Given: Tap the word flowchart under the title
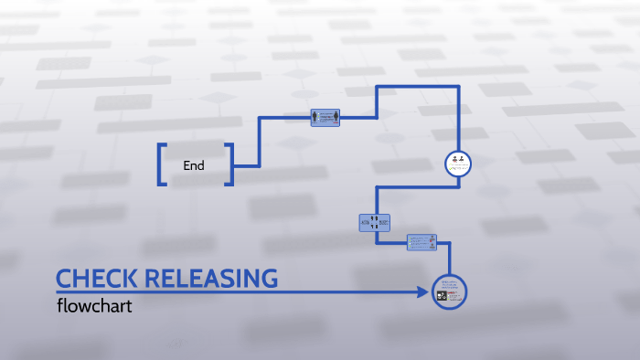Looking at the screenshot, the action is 94,306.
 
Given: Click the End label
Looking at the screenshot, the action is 194,166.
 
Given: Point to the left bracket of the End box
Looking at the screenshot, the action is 163,165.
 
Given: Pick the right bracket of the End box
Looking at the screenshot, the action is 229,165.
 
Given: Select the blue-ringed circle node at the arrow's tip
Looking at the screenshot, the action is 449,292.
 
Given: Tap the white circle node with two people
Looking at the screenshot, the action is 457,164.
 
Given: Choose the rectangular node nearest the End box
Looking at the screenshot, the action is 325,118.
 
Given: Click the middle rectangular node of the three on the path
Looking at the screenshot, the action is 375,222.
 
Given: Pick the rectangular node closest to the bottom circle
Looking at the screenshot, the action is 421,242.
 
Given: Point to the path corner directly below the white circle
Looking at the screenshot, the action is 457,187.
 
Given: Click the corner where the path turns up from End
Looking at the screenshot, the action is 261,165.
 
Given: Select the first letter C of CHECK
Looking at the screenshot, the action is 64,279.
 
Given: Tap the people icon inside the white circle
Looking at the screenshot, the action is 457,162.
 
